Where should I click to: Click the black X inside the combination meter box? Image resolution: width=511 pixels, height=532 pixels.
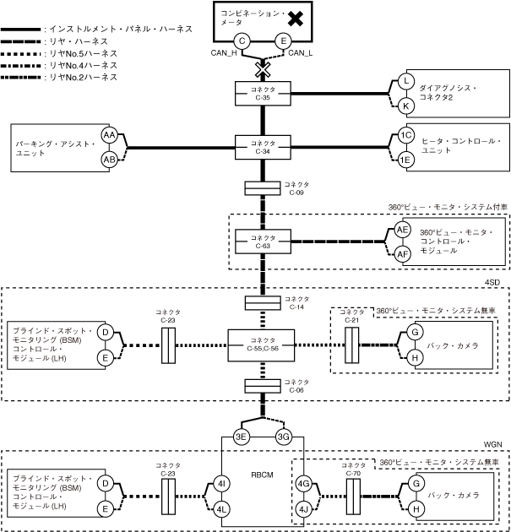pyautogui.click(x=295, y=18)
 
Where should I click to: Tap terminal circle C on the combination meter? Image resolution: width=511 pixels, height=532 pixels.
pyautogui.click(x=242, y=41)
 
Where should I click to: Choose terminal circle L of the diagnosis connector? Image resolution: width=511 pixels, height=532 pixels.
pyautogui.click(x=406, y=81)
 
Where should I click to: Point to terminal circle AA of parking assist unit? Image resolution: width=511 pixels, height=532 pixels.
pyautogui.click(x=109, y=135)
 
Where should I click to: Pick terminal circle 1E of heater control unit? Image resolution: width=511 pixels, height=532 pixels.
pyautogui.click(x=406, y=160)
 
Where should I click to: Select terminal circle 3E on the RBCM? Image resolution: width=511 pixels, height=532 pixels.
pyautogui.click(x=241, y=437)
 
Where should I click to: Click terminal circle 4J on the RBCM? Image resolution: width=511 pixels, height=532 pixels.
pyautogui.click(x=304, y=509)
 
